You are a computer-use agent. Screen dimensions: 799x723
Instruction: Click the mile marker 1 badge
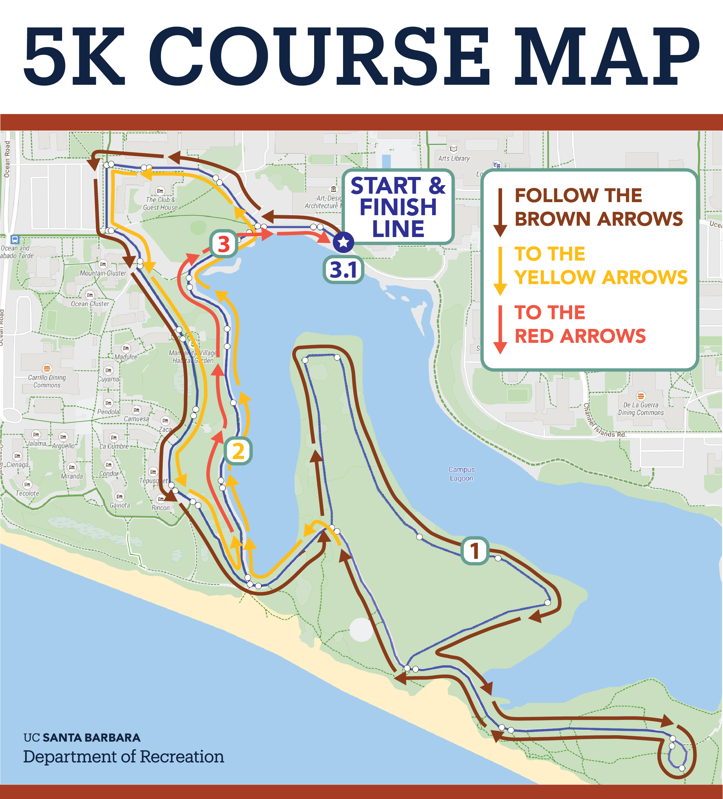[474, 551]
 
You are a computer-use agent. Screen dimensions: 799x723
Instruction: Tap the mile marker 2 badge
[238, 451]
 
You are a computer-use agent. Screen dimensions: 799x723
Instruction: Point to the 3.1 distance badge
[343, 270]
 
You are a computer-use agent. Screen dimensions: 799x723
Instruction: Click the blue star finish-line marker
[343, 242]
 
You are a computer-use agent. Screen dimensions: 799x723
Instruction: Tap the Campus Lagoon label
[461, 474]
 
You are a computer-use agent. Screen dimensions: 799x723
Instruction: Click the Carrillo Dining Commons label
[47, 381]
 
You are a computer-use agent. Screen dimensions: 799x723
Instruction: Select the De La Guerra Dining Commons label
[640, 409]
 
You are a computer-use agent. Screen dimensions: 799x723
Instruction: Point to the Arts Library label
[454, 158]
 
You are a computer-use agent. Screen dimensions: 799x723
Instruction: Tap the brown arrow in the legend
[500, 212]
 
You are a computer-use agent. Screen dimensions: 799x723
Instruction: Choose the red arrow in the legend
[500, 329]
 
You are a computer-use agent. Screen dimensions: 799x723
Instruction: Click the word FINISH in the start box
[398, 207]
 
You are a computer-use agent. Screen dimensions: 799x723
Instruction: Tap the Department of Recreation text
[123, 756]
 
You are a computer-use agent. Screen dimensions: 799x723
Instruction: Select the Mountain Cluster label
[103, 273]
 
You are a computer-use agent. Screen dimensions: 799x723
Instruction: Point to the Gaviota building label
[119, 505]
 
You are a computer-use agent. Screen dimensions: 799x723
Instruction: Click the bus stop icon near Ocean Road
[15, 239]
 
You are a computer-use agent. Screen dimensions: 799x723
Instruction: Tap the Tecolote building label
[27, 493]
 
